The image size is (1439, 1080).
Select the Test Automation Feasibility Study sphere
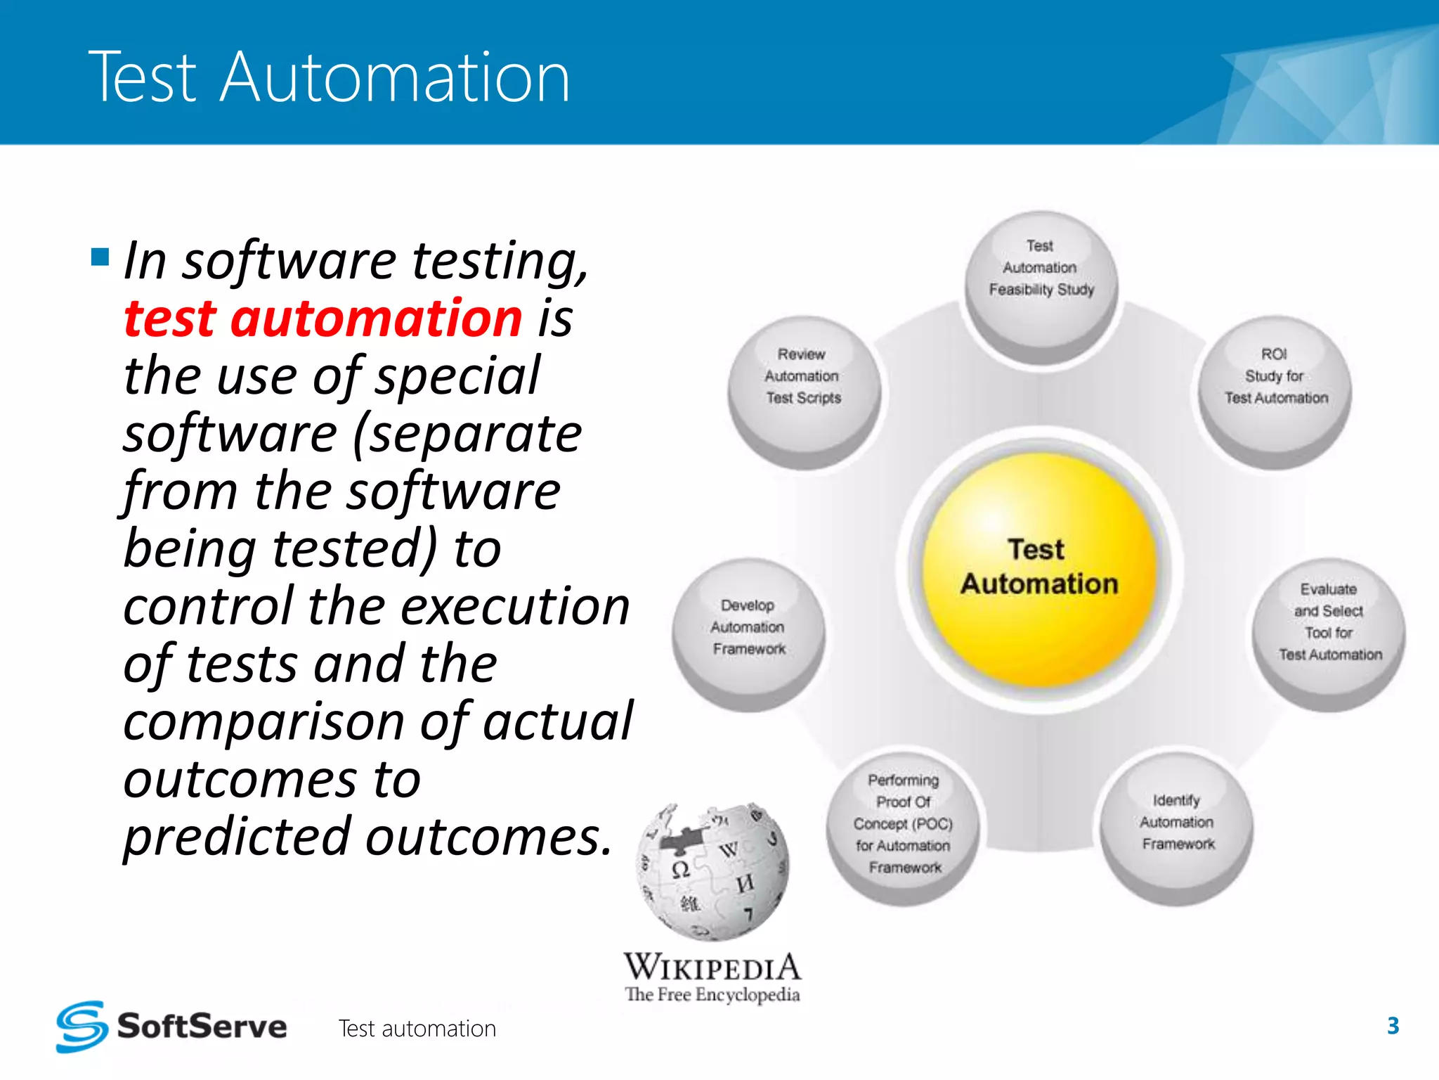coord(1041,285)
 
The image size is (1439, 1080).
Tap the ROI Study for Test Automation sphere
coord(1275,390)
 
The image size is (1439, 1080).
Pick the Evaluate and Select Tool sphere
coord(1328,633)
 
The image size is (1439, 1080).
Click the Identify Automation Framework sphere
coord(1177,826)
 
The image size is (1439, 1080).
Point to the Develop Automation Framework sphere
coord(748,633)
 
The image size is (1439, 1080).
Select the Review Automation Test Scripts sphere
coord(803,390)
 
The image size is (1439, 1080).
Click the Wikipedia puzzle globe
coord(713,872)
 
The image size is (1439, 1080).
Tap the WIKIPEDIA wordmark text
coord(712,967)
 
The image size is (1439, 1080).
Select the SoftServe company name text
coord(202,1027)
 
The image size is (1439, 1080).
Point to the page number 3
coord(1393,1026)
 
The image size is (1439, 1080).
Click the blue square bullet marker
coord(100,257)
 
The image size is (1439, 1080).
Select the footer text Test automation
coord(417,1029)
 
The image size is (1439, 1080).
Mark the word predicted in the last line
coord(237,838)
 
